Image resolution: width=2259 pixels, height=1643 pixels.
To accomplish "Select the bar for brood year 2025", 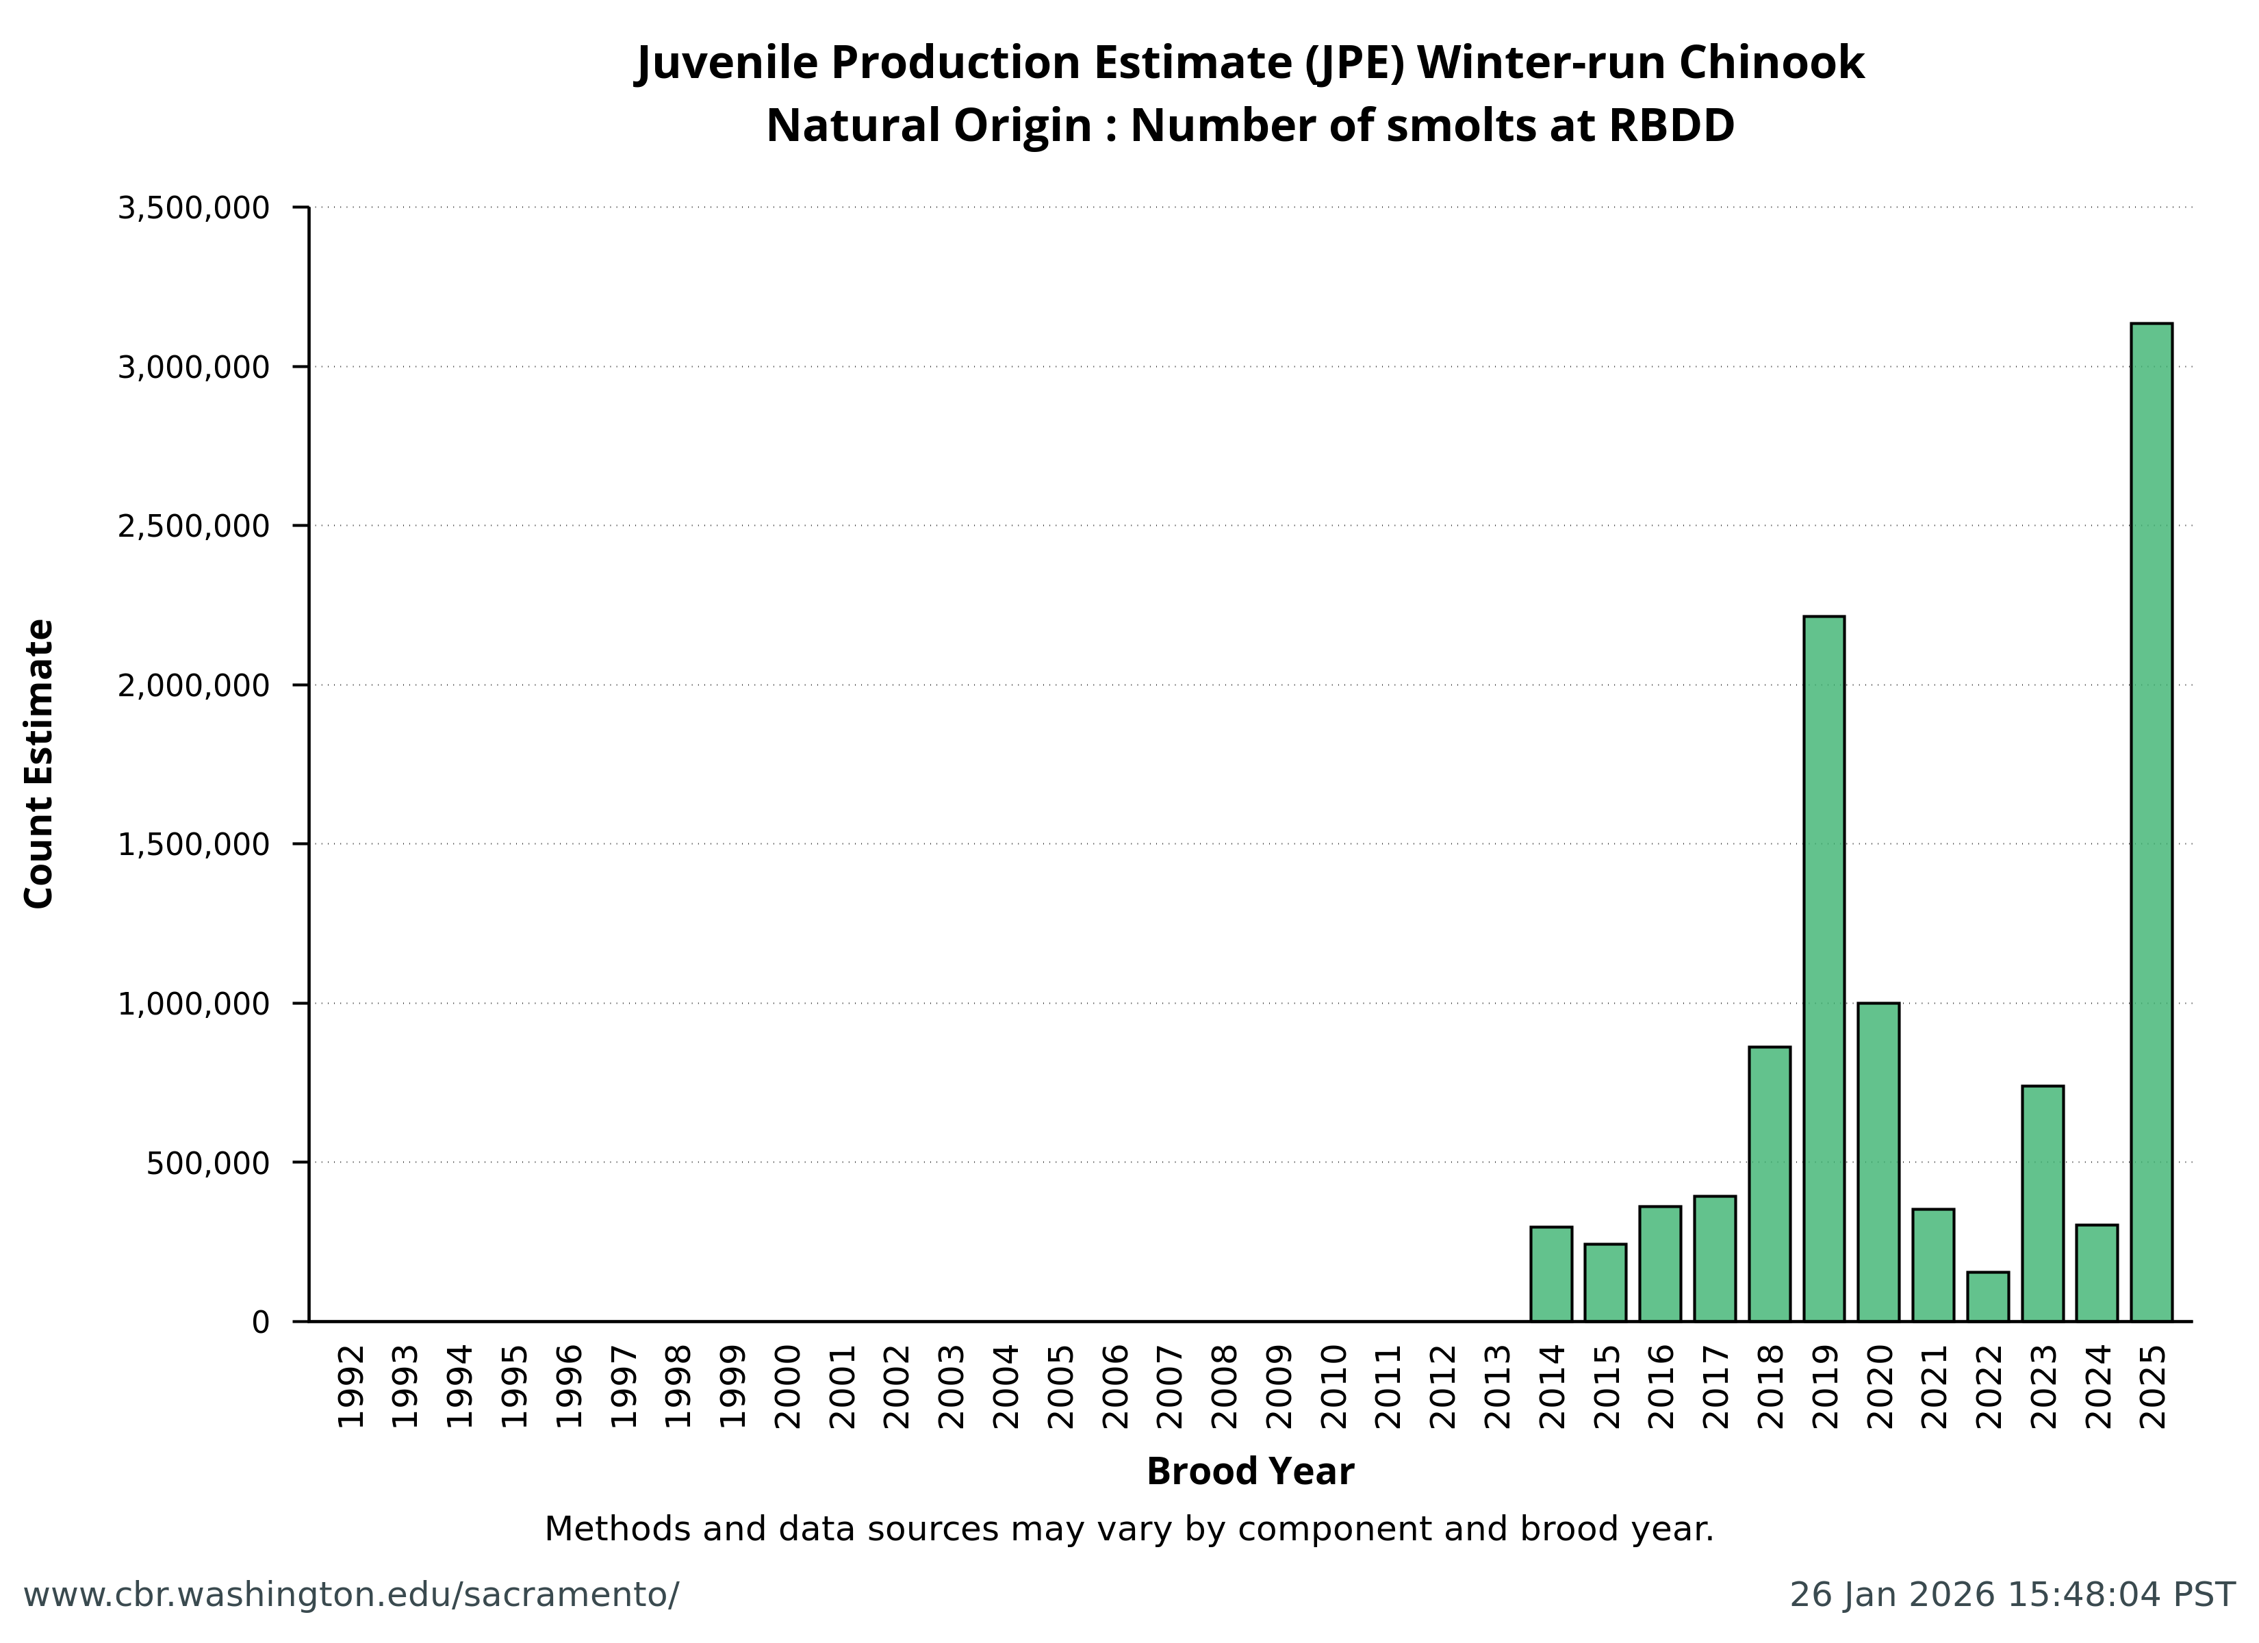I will (x=2152, y=822).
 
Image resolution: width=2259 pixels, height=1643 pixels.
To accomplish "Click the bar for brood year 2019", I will (x=1824, y=969).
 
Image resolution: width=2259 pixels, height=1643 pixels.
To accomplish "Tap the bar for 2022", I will (x=1988, y=1297).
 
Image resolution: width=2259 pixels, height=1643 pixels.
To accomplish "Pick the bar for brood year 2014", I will (x=1550, y=1273).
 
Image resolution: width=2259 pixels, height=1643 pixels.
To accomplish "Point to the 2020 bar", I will (x=1878, y=1162).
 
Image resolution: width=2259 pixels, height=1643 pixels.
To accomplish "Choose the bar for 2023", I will (x=2043, y=1203).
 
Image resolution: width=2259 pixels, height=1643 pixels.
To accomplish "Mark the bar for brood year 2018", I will (x=1769, y=1184).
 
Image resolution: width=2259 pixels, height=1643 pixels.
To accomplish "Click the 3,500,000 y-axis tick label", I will (x=193, y=208).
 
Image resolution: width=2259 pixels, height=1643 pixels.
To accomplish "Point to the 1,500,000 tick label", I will (x=193, y=845).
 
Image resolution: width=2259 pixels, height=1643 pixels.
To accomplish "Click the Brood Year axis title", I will (x=1250, y=1472).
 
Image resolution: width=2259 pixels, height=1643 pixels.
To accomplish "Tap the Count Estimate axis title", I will (x=39, y=764).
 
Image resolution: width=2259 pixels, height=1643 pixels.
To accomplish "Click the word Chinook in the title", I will (x=1771, y=63).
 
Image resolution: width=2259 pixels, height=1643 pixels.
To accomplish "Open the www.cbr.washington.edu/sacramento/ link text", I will (x=350, y=1595).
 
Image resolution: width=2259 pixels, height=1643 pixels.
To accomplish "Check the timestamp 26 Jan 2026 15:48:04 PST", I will (x=2012, y=1595).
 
